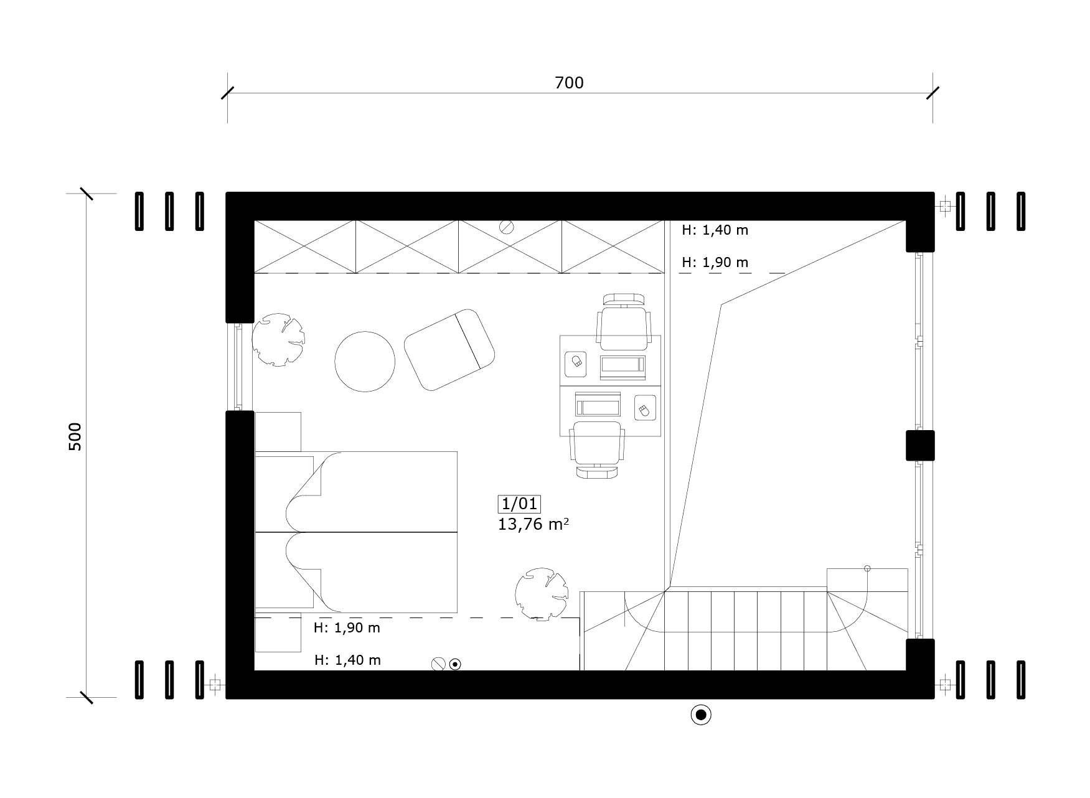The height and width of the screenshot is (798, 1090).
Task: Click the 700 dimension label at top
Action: pos(569,83)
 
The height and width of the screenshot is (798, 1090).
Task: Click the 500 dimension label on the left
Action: pos(75,437)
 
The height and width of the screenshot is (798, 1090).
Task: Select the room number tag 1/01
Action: pos(519,504)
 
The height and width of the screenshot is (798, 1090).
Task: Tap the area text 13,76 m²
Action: pos(533,524)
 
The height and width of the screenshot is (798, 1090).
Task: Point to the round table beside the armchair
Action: pos(365,361)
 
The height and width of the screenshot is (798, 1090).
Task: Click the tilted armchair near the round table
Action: pos(449,349)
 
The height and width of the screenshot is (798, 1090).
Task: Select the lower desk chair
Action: pos(598,450)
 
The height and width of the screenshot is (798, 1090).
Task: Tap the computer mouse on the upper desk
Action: pos(577,362)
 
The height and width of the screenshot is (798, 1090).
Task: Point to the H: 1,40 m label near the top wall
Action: pos(715,230)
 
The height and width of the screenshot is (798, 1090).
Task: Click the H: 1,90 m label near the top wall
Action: pos(715,263)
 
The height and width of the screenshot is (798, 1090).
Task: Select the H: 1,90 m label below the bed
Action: pos(347,628)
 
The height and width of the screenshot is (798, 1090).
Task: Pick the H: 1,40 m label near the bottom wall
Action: pos(347,660)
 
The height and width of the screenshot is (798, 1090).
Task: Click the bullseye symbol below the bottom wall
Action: pos(701,715)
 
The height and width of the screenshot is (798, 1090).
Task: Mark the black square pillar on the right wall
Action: pos(920,446)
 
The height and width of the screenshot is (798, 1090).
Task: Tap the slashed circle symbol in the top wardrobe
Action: pos(506,227)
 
